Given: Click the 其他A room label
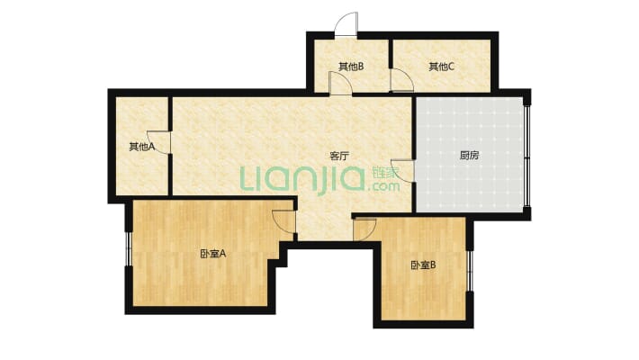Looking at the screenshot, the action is pos(142,147).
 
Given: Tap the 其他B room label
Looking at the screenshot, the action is pos(351,67).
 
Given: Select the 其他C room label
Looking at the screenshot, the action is pos(441,67).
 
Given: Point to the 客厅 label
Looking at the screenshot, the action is pos(339,156).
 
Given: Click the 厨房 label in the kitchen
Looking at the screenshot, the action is pos(469,156).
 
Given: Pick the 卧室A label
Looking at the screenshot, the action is pos(212,254).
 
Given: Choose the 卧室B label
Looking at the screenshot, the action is pos(423,265).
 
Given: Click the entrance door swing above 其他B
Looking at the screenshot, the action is pos(346,23).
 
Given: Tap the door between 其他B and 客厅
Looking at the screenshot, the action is pos(340,84).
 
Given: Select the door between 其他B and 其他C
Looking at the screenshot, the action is pos(401,80).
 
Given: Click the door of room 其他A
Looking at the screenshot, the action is pos(158,142).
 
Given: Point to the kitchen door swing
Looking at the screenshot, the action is pos(402,170).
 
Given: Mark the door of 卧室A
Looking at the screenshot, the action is pos(284,221).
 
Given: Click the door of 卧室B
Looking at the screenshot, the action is pos(364,229).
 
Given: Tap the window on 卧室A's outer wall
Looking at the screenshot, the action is pos(128,249).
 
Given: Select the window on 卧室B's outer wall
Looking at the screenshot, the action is pos(469,271).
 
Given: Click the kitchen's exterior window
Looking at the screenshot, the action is pos(527,156).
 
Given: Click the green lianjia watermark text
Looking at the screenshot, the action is pos(302,179).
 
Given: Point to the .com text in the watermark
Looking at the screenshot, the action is pos(383,186).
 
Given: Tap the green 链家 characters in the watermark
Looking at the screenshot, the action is pos(385,174).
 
